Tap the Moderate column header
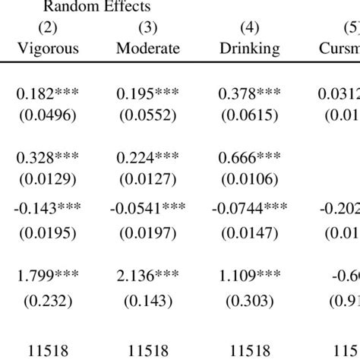coord(148,49)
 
